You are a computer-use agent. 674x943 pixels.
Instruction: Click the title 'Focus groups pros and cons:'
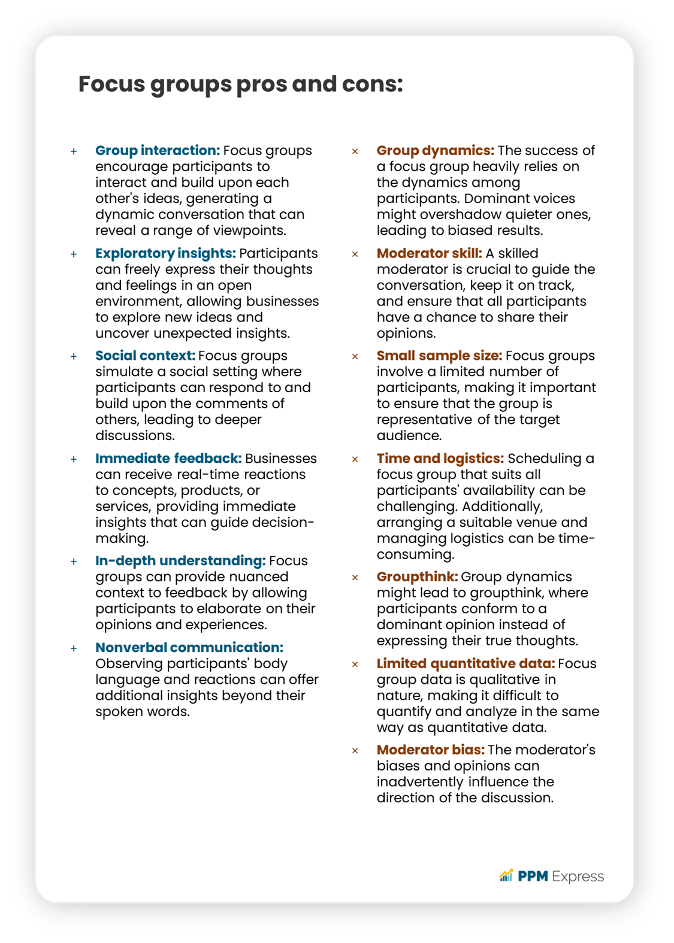pyautogui.click(x=240, y=84)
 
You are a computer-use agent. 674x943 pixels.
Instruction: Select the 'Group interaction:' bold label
pyautogui.click(x=158, y=151)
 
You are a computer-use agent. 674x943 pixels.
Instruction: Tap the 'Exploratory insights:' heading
pyautogui.click(x=165, y=254)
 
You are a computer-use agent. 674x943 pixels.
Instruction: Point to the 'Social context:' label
pyautogui.click(x=145, y=356)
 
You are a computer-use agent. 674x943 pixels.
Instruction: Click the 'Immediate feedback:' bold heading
pyautogui.click(x=168, y=459)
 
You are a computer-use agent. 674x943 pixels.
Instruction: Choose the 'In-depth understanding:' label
pyautogui.click(x=180, y=561)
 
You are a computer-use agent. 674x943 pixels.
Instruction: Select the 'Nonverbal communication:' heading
pyautogui.click(x=189, y=648)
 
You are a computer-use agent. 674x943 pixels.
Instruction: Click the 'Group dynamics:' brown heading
pyautogui.click(x=436, y=151)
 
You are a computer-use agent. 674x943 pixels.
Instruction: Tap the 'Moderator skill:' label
pyautogui.click(x=429, y=254)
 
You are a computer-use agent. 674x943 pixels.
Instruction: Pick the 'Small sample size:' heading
pyautogui.click(x=439, y=356)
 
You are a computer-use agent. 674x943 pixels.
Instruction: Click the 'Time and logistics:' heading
pyautogui.click(x=440, y=459)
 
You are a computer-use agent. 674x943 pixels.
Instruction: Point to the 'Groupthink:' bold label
pyautogui.click(x=418, y=577)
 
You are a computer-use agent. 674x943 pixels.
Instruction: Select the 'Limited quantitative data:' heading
pyautogui.click(x=466, y=664)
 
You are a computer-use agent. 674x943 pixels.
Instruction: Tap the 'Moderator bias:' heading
pyautogui.click(x=431, y=750)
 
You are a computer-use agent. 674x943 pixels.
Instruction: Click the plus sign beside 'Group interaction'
pyautogui.click(x=74, y=151)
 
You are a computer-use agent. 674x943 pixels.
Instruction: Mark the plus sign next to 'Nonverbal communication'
pyautogui.click(x=74, y=648)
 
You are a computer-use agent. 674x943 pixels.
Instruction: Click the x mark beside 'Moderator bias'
pyautogui.click(x=355, y=751)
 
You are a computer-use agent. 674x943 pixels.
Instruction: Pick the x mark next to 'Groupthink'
pyautogui.click(x=355, y=578)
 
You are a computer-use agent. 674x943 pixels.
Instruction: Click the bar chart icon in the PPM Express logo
pyautogui.click(x=506, y=876)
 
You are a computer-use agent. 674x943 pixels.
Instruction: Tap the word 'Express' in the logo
pyautogui.click(x=578, y=877)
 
